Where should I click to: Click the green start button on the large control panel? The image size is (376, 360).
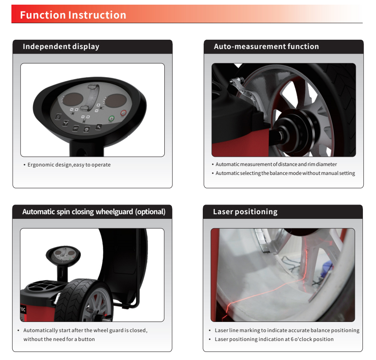pyautogui.click(x=112, y=118)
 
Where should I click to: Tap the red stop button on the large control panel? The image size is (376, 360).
pyautogui.click(x=123, y=113)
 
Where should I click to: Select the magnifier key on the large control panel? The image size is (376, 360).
pyautogui.click(x=98, y=127)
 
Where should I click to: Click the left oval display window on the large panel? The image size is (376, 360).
pyautogui.click(x=73, y=99)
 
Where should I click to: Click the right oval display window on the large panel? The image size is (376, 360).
pyautogui.click(x=116, y=101)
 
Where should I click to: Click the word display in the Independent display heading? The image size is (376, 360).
pyautogui.click(x=86, y=46)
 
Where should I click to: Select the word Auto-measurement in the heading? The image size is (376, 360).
pyautogui.click(x=249, y=46)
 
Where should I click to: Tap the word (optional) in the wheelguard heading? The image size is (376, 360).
pyautogui.click(x=150, y=212)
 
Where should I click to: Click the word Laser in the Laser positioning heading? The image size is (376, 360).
pyautogui.click(x=223, y=212)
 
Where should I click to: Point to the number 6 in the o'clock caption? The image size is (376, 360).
pyautogui.click(x=292, y=339)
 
